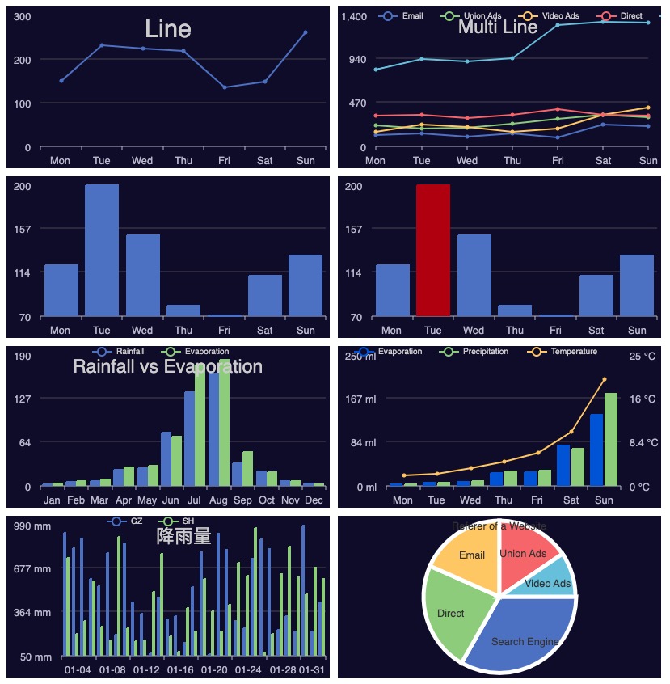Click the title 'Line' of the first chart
pos(168,29)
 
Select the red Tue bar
pos(433,250)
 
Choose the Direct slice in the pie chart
pos(453,613)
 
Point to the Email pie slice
pos(471,556)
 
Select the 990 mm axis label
pos(33,526)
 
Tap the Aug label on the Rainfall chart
pos(218,500)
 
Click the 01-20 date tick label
pos(214,670)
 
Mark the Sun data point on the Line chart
pos(306,32)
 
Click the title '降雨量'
pos(184,536)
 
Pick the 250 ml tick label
pos(360,356)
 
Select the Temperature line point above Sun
pos(605,379)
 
